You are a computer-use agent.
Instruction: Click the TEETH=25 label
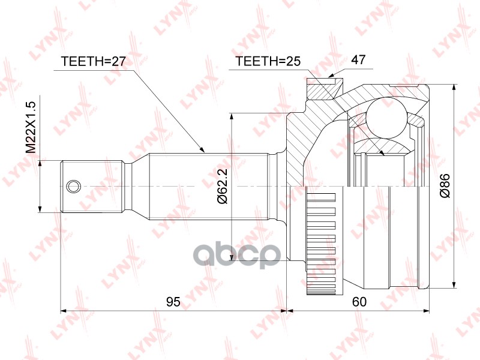point(267,61)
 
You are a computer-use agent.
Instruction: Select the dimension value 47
point(359,61)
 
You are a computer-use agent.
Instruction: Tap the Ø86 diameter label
point(445,187)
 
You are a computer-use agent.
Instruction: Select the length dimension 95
point(173,302)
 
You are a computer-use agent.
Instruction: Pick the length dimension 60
point(359,302)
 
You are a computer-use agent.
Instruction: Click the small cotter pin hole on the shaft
point(73,186)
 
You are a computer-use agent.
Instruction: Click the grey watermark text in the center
point(240,255)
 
